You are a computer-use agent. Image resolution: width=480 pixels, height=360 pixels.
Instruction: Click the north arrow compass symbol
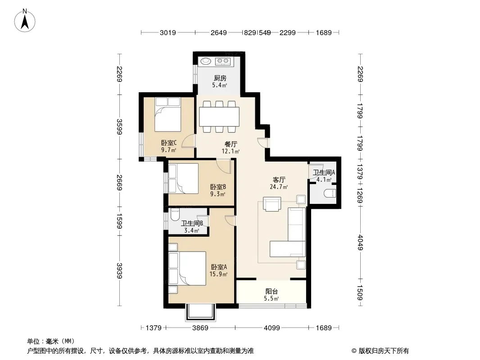click(x=25, y=21)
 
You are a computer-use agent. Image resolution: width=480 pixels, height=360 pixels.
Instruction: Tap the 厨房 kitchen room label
click(x=220, y=78)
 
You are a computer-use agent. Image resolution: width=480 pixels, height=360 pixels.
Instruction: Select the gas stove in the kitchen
click(x=222, y=61)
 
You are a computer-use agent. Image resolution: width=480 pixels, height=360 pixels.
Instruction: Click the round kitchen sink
click(x=206, y=61)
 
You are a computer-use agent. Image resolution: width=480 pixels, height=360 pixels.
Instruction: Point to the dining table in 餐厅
click(x=219, y=117)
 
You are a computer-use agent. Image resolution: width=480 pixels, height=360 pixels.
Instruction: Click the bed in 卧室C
click(x=168, y=114)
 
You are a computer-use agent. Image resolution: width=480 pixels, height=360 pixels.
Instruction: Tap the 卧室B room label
click(x=218, y=187)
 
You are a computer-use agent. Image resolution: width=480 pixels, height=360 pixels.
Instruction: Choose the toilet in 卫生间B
click(x=175, y=215)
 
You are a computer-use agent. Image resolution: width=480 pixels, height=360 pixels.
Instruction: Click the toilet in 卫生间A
click(x=330, y=193)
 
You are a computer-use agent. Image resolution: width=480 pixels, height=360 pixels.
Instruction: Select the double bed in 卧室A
click(x=187, y=268)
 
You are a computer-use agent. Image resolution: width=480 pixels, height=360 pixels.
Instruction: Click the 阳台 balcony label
click(x=272, y=292)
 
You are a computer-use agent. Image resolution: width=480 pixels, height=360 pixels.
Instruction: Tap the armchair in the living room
click(x=272, y=204)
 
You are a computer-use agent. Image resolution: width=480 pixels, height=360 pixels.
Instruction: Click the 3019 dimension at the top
click(x=168, y=32)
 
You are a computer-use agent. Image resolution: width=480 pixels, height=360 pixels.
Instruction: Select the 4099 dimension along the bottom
click(x=272, y=328)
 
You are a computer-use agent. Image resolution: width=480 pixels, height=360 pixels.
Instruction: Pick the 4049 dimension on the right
click(x=360, y=243)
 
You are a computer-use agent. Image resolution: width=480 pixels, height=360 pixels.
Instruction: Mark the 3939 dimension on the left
click(x=119, y=271)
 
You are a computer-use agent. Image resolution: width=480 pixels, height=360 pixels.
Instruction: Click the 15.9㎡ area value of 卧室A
click(x=218, y=274)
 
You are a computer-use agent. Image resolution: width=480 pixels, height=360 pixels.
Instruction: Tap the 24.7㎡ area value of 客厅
click(x=279, y=187)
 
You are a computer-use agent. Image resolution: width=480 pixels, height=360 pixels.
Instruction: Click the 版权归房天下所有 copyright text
click(x=384, y=351)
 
